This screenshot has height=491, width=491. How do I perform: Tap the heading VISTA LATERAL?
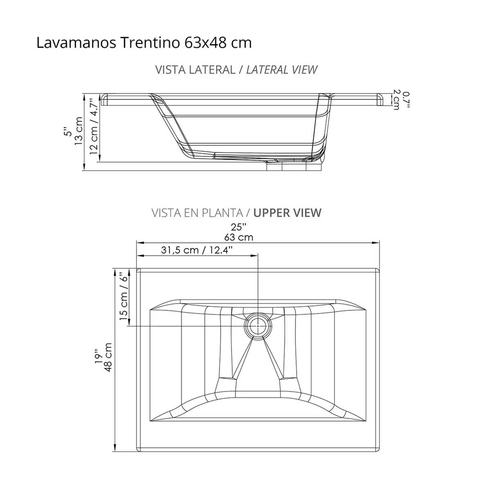click(196, 70)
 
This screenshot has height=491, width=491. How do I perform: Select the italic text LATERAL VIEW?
click(282, 70)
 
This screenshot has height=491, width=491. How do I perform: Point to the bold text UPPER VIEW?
click(287, 213)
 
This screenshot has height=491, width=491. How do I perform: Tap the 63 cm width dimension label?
click(239, 237)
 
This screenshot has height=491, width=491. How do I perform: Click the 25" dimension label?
click(239, 227)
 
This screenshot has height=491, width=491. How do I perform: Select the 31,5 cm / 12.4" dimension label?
click(197, 250)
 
